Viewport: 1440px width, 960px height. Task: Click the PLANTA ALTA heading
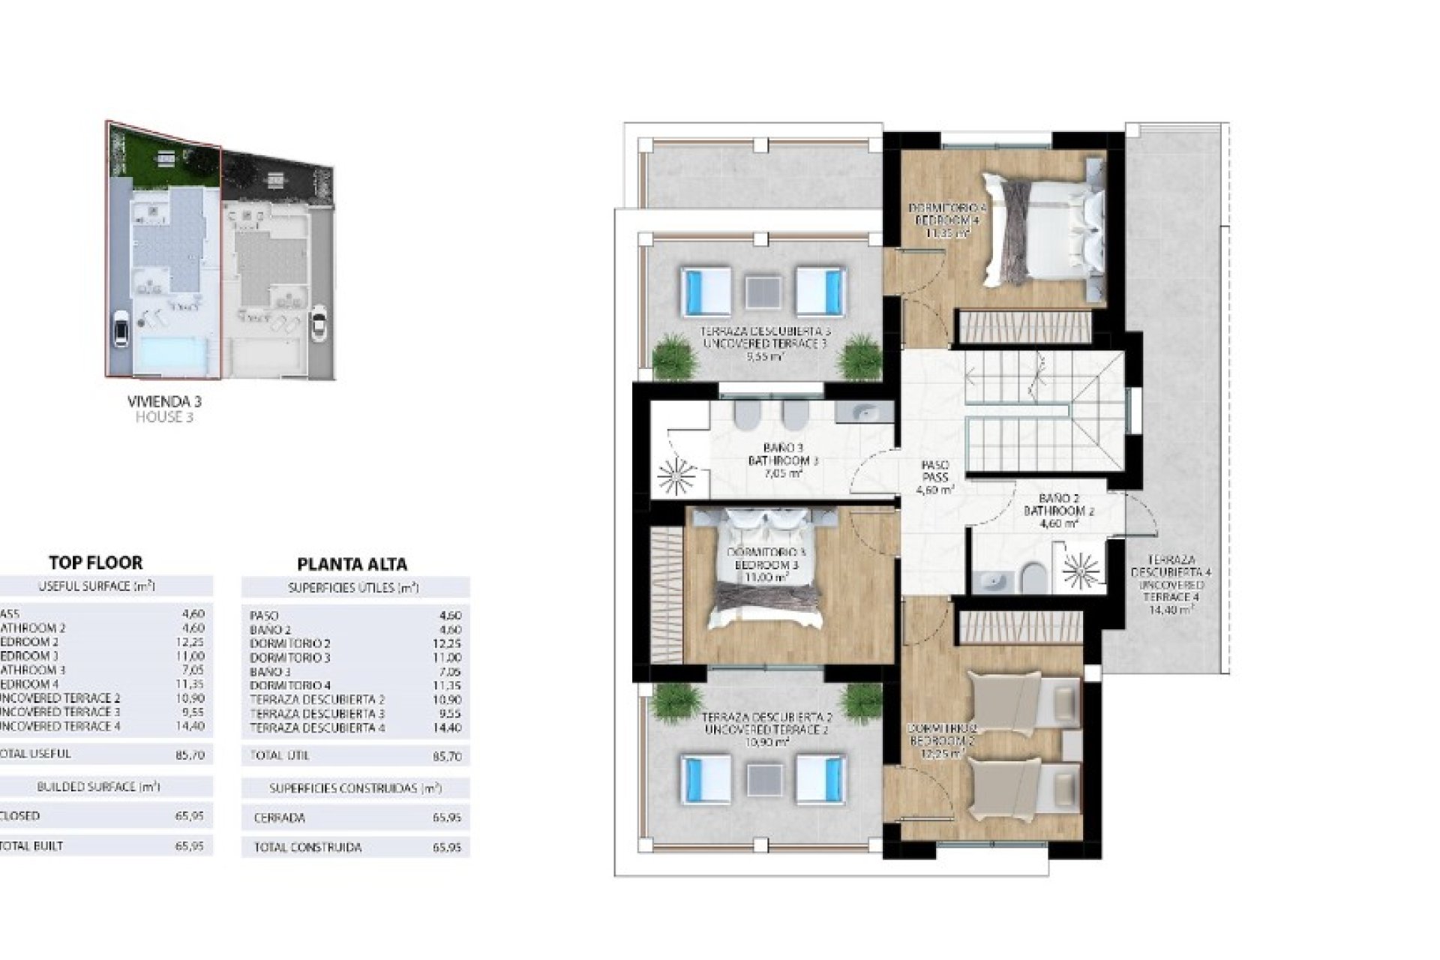pyautogui.click(x=352, y=564)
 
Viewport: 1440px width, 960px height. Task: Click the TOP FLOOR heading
pyautogui.click(x=95, y=562)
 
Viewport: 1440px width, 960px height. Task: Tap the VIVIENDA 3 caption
pyautogui.click(x=164, y=402)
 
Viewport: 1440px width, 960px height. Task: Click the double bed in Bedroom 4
pyautogui.click(x=1042, y=225)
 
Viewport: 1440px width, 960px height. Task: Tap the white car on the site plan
pyautogui.click(x=119, y=329)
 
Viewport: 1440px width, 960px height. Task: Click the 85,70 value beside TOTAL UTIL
pyautogui.click(x=447, y=757)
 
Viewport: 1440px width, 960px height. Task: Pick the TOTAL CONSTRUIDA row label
pyautogui.click(x=307, y=847)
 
